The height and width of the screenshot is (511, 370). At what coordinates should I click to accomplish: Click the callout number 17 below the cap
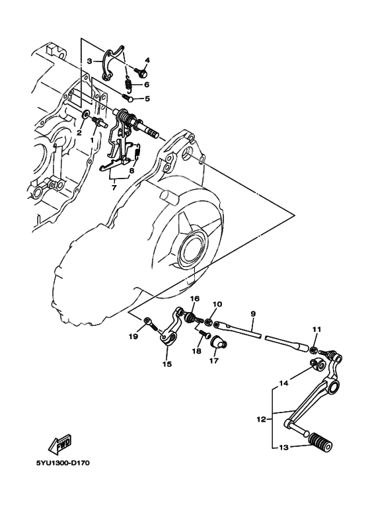tap(213, 361)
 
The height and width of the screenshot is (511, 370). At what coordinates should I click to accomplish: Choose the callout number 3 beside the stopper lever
tap(89, 60)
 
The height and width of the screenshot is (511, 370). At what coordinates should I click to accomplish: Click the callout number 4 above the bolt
tap(147, 60)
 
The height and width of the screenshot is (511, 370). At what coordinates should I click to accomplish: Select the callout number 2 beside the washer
tap(79, 132)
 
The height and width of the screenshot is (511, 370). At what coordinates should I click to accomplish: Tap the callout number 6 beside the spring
tap(147, 85)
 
